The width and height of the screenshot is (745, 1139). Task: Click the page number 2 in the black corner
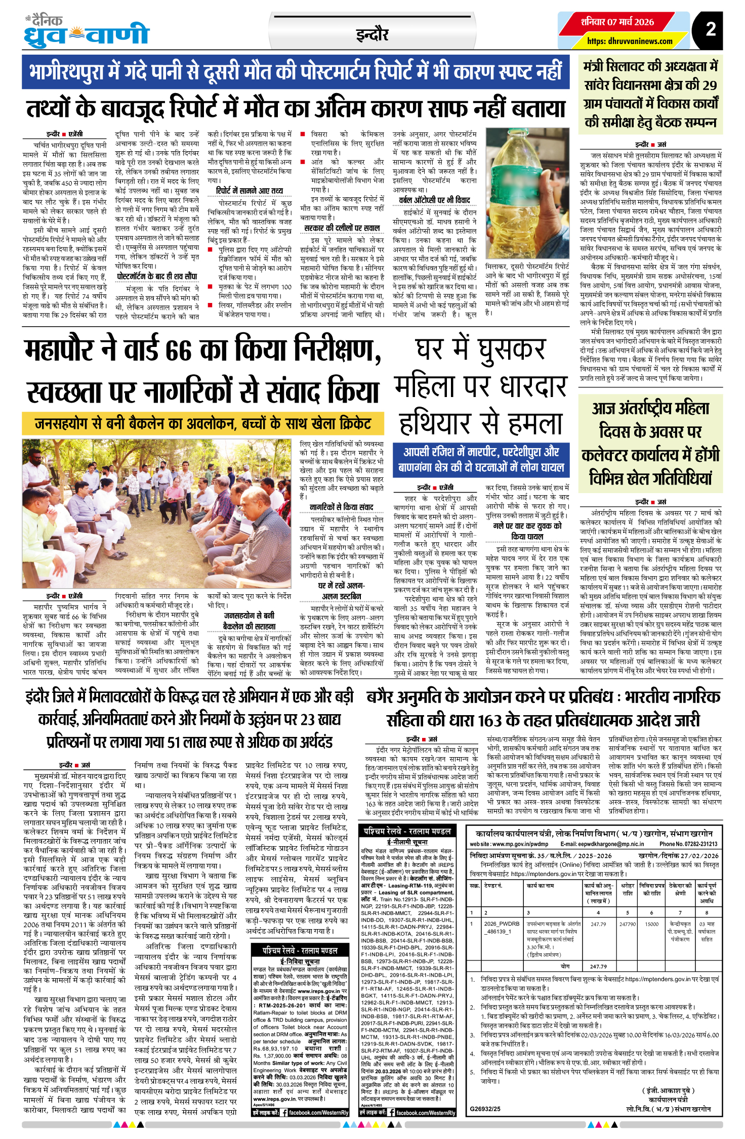click(711, 29)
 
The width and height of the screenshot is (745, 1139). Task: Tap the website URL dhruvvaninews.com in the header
click(630, 41)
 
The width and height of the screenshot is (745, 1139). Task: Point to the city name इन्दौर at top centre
click(372, 35)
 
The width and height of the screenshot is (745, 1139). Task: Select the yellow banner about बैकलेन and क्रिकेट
click(203, 423)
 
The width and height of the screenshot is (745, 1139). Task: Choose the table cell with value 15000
click(651, 924)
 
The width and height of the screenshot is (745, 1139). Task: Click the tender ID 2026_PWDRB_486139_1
click(502, 927)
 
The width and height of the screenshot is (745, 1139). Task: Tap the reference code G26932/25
click(485, 1109)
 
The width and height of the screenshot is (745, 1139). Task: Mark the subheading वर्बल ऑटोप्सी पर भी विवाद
click(434, 200)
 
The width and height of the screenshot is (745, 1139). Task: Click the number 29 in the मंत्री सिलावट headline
click(710, 84)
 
